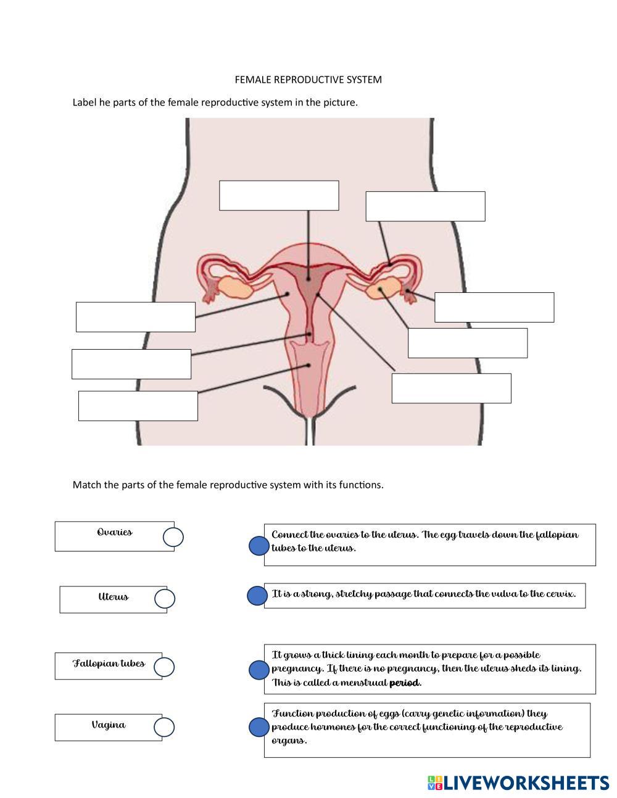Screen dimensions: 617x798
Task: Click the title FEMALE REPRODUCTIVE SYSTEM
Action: click(308, 80)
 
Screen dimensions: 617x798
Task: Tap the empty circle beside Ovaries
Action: click(173, 537)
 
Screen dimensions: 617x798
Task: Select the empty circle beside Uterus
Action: click(165, 599)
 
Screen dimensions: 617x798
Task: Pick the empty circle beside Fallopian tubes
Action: click(164, 667)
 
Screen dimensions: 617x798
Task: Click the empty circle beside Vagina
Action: click(164, 727)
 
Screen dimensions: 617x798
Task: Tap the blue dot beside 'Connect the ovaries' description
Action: click(259, 546)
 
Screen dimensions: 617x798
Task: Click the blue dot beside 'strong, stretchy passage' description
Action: click(257, 595)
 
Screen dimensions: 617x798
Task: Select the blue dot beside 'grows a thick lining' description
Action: click(259, 670)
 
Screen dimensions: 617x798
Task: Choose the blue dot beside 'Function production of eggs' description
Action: click(259, 727)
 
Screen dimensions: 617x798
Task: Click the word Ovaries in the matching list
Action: click(115, 532)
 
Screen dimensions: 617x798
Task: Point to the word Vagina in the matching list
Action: click(109, 725)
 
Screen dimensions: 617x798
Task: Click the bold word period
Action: click(404, 683)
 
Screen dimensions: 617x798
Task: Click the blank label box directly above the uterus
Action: click(279, 195)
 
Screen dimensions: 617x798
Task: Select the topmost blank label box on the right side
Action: click(425, 206)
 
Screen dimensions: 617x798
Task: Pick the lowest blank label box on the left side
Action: click(138, 406)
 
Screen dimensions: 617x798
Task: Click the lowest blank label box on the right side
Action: click(452, 388)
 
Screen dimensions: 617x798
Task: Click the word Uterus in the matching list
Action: click(114, 596)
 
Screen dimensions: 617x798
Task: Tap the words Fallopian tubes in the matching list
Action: click(109, 663)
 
